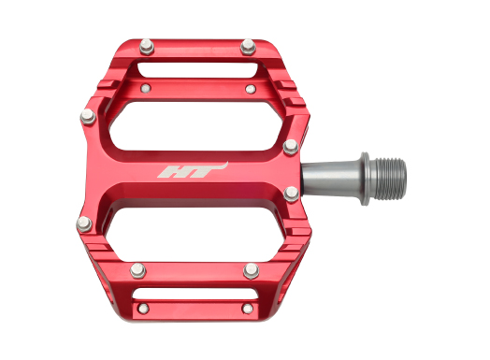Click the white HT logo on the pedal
(x=193, y=170)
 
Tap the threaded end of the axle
(x=390, y=179)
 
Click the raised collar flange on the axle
(x=366, y=179)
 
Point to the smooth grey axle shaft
(x=331, y=179)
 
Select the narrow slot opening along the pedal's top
(x=199, y=70)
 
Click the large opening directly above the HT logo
(x=196, y=125)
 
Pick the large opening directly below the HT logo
(x=195, y=235)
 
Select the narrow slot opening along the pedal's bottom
(x=195, y=294)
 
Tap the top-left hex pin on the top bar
(x=147, y=47)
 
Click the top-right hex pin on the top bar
(x=248, y=47)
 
